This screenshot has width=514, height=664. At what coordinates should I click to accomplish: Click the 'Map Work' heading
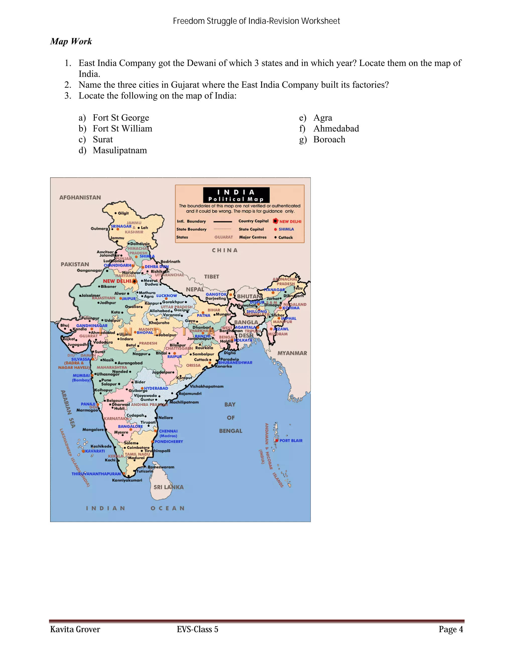71,41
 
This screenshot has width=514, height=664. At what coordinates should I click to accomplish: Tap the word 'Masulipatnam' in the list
120,150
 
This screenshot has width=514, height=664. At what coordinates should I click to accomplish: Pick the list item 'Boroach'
329,140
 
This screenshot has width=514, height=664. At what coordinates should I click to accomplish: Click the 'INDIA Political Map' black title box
236,195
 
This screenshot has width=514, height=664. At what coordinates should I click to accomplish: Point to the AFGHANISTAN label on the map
80,198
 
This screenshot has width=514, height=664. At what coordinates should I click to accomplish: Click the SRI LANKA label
168,487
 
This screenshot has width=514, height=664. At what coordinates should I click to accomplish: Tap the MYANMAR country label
292,353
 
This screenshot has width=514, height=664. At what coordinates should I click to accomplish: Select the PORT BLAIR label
291,440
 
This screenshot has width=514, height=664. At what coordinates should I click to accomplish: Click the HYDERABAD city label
156,388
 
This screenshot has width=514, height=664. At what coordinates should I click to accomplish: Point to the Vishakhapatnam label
207,386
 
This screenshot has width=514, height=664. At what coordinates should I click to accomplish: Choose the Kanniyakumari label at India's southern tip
127,480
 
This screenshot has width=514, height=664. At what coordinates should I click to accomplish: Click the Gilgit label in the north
123,213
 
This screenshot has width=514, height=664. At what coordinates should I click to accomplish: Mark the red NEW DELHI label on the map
117,281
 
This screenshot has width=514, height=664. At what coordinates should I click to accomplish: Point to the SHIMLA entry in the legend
286,229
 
